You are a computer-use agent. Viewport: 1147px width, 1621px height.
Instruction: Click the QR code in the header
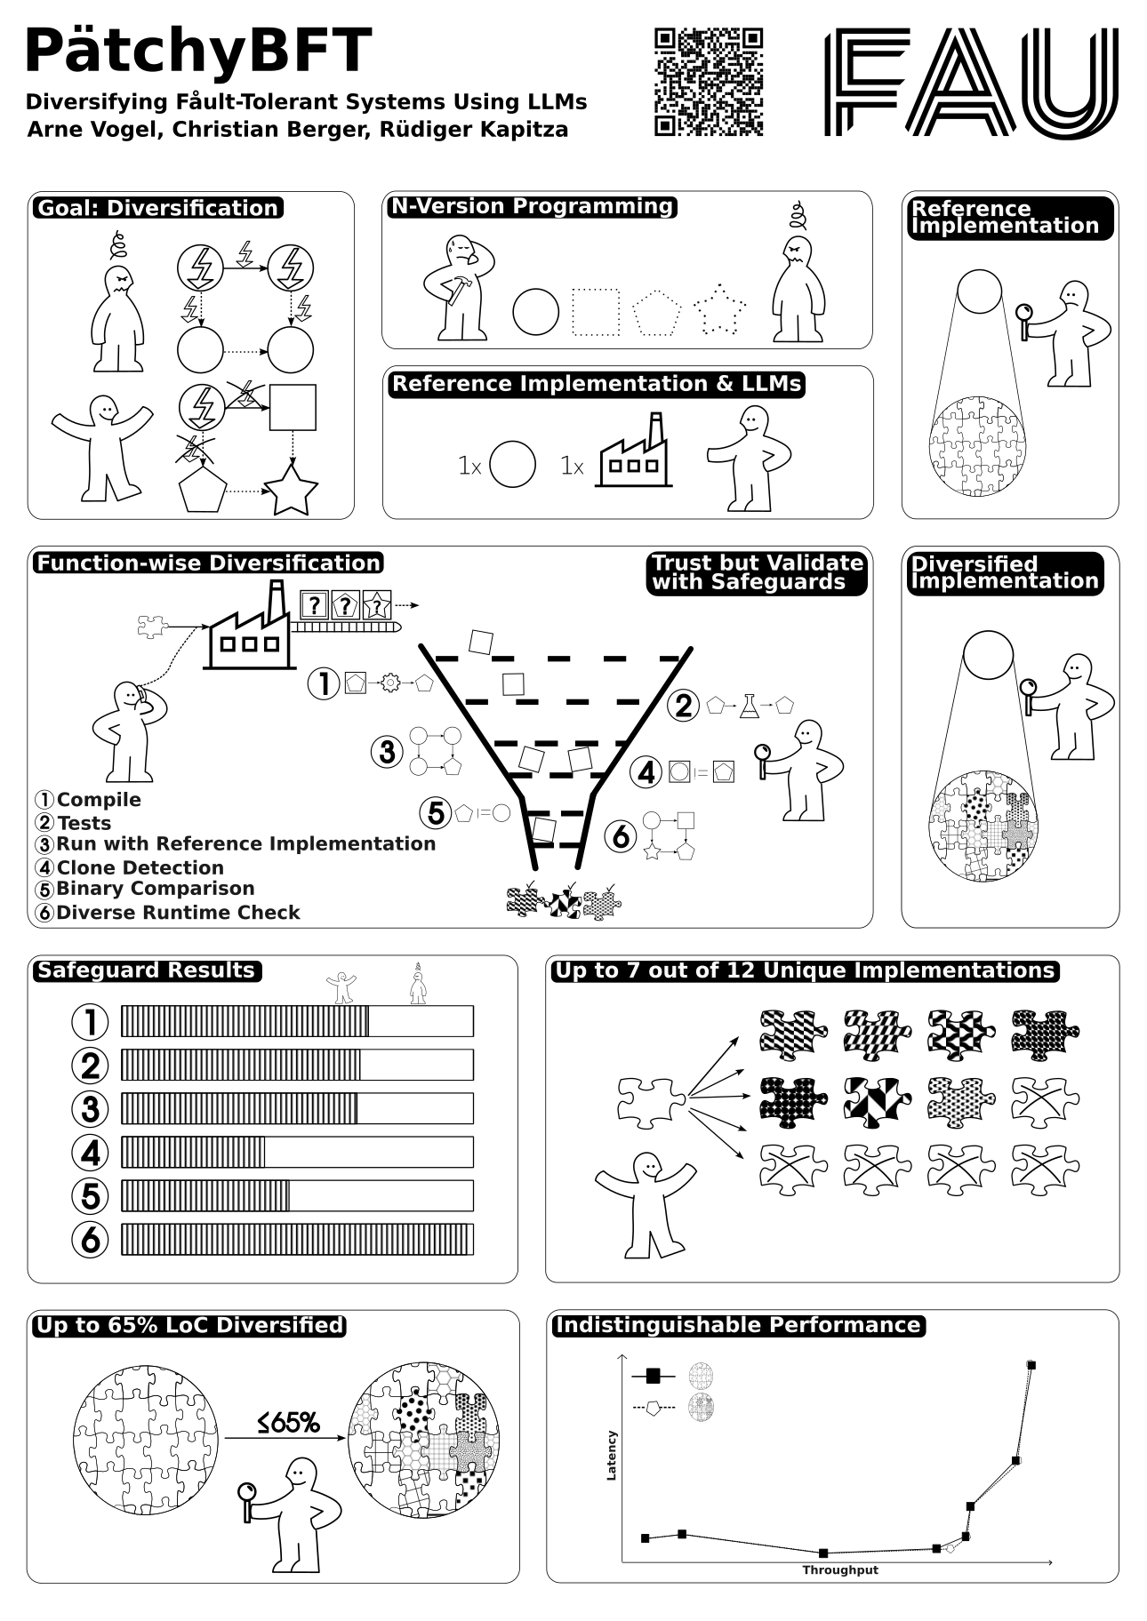point(709,82)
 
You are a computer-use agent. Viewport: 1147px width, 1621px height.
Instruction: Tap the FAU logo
point(972,82)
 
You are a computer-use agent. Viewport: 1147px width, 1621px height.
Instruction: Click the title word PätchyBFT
point(197,51)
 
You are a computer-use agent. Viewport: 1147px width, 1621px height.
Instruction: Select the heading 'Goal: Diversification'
point(157,208)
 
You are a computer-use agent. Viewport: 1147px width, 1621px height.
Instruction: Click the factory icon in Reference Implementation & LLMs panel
point(634,450)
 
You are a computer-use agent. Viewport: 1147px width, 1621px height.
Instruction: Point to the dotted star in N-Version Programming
point(719,310)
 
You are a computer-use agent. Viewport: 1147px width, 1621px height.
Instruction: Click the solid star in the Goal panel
point(291,488)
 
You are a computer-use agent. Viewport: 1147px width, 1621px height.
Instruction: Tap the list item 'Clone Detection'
point(140,867)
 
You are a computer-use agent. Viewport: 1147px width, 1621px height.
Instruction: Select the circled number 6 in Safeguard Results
point(90,1239)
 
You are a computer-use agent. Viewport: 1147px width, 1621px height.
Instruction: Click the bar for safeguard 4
point(297,1152)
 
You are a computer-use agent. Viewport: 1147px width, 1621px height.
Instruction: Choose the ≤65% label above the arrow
point(288,1423)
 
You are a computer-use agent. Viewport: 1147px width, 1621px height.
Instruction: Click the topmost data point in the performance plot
point(1031,1365)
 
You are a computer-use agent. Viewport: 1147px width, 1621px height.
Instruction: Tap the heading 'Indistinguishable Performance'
point(738,1325)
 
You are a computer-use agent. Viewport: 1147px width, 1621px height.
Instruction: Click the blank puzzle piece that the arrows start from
point(652,1102)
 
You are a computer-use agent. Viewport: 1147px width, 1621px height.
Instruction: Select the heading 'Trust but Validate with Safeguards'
point(757,572)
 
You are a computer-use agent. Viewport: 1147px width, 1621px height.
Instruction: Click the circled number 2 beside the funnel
point(683,706)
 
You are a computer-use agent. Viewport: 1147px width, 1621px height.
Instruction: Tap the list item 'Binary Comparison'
point(156,889)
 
